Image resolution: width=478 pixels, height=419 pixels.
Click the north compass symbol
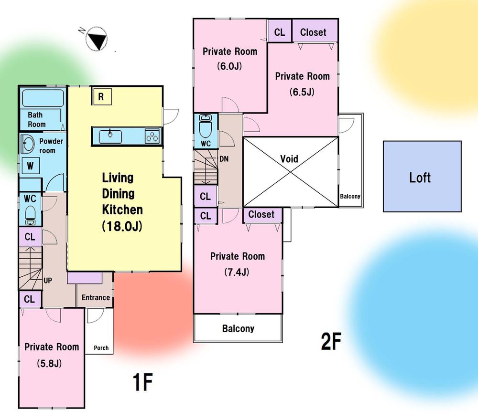(x=97, y=39)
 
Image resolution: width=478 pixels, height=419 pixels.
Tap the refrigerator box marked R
(x=101, y=97)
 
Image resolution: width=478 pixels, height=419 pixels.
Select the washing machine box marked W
(x=30, y=166)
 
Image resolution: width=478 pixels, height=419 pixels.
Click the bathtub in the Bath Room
(x=43, y=98)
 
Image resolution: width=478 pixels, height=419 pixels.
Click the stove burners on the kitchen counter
(x=152, y=136)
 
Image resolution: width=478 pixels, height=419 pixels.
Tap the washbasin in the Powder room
(x=28, y=144)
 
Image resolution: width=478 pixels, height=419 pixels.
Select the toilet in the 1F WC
(x=30, y=215)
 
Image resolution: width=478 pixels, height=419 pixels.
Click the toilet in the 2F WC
(x=206, y=126)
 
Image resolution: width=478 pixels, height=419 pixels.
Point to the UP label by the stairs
(x=47, y=281)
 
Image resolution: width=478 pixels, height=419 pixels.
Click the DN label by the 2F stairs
(x=224, y=159)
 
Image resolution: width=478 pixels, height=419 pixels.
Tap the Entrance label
(x=96, y=297)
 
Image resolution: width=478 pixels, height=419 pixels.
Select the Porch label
(x=101, y=347)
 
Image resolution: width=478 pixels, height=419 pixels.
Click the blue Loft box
(x=422, y=176)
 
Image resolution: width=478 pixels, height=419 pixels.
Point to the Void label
(x=289, y=158)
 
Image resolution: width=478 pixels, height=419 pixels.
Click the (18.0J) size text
(x=122, y=226)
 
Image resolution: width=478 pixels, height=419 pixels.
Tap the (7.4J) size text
(x=237, y=272)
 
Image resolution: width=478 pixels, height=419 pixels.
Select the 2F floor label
(x=331, y=341)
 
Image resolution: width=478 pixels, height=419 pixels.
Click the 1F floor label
(x=142, y=382)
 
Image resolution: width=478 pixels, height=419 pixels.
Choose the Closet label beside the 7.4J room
(x=261, y=214)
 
